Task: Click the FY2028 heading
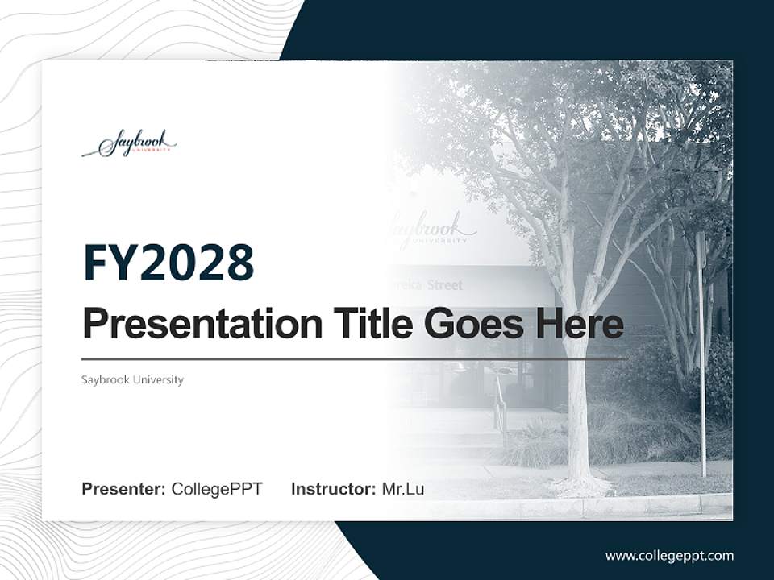click(169, 263)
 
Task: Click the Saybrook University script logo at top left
click(129, 145)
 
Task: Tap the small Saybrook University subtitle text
click(132, 379)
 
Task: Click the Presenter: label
click(124, 489)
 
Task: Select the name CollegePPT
click(217, 489)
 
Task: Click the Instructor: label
click(333, 489)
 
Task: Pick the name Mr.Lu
click(403, 489)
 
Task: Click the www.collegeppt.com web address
click(669, 555)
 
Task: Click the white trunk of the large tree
click(577, 419)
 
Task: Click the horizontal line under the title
click(355, 359)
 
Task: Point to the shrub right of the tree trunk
click(645, 379)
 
